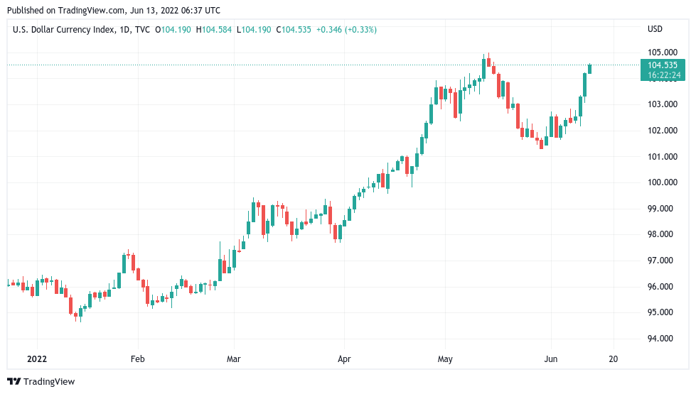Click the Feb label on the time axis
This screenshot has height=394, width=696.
tap(138, 359)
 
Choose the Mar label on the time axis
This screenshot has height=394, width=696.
tap(233, 359)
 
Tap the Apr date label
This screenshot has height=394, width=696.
tap(344, 359)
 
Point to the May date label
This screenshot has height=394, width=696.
tap(445, 359)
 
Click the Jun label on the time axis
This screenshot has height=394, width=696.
tap(550, 359)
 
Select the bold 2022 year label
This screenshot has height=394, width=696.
tap(37, 359)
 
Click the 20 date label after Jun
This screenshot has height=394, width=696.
tap(614, 359)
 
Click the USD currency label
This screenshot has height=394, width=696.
tap(655, 29)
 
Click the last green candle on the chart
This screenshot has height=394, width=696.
tap(589, 69)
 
